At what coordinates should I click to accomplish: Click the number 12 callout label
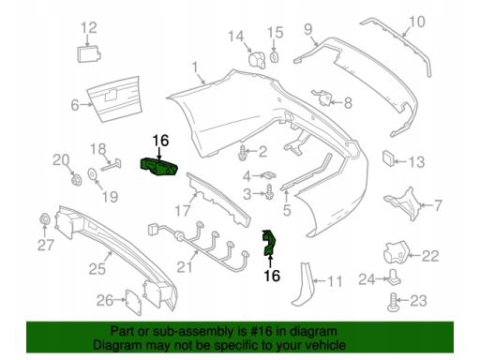tap(89, 27)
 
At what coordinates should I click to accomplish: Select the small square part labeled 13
tap(387, 158)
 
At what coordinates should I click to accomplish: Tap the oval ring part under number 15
tap(274, 57)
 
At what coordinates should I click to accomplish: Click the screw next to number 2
tap(242, 153)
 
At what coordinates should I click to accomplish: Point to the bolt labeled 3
tap(270, 192)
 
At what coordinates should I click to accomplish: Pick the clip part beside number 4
tap(269, 174)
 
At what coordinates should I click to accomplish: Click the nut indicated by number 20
tap(76, 179)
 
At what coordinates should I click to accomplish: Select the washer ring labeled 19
tap(93, 173)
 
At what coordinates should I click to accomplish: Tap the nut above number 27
tap(45, 218)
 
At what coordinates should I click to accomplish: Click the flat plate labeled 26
tap(133, 302)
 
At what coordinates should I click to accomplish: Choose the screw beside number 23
tap(393, 303)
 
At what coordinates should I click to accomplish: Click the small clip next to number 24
tap(395, 277)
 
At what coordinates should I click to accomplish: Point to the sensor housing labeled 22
tap(397, 252)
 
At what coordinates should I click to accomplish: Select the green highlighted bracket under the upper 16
tap(158, 167)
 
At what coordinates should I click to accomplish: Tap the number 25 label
tap(97, 268)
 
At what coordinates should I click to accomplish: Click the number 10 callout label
tap(417, 22)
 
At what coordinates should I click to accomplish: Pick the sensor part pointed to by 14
tap(257, 60)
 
